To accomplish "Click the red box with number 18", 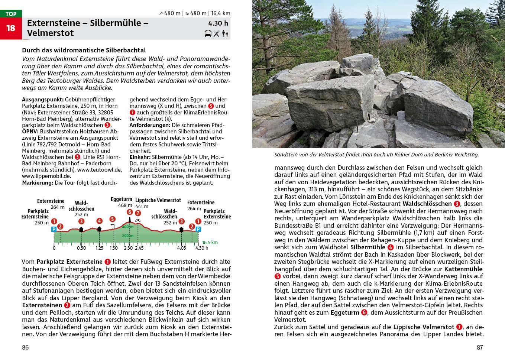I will coord(11,28).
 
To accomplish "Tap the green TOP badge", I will coord(11,14).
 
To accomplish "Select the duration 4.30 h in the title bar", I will coord(218,23).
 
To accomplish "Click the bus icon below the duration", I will coord(208,34).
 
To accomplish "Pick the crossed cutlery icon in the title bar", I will coord(216,34).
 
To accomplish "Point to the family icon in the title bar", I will coord(225,34).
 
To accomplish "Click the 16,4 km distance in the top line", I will coord(220,13).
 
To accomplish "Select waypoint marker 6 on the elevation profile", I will coord(129,212).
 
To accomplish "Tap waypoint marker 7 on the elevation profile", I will coord(138,213).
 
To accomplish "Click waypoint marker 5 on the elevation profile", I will coord(112,219).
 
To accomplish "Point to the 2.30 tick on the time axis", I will coord(128,248).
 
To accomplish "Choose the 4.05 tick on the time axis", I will coord(181,248).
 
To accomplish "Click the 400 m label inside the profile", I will coord(128,227).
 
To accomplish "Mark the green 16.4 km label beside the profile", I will coord(210,242).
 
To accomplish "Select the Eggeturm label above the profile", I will coord(121,200).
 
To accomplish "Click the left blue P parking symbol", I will coord(54,229).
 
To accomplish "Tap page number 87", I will coord(479,347).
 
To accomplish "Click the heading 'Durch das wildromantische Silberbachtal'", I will coord(84,50).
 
